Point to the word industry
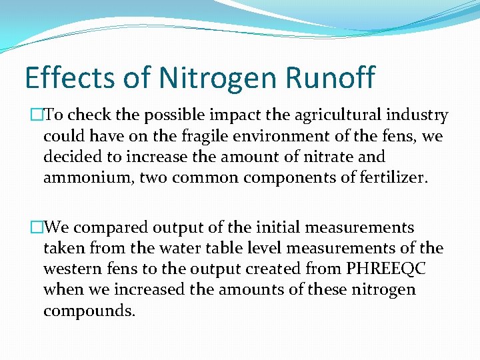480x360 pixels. click(419, 115)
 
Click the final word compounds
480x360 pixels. click(89, 311)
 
